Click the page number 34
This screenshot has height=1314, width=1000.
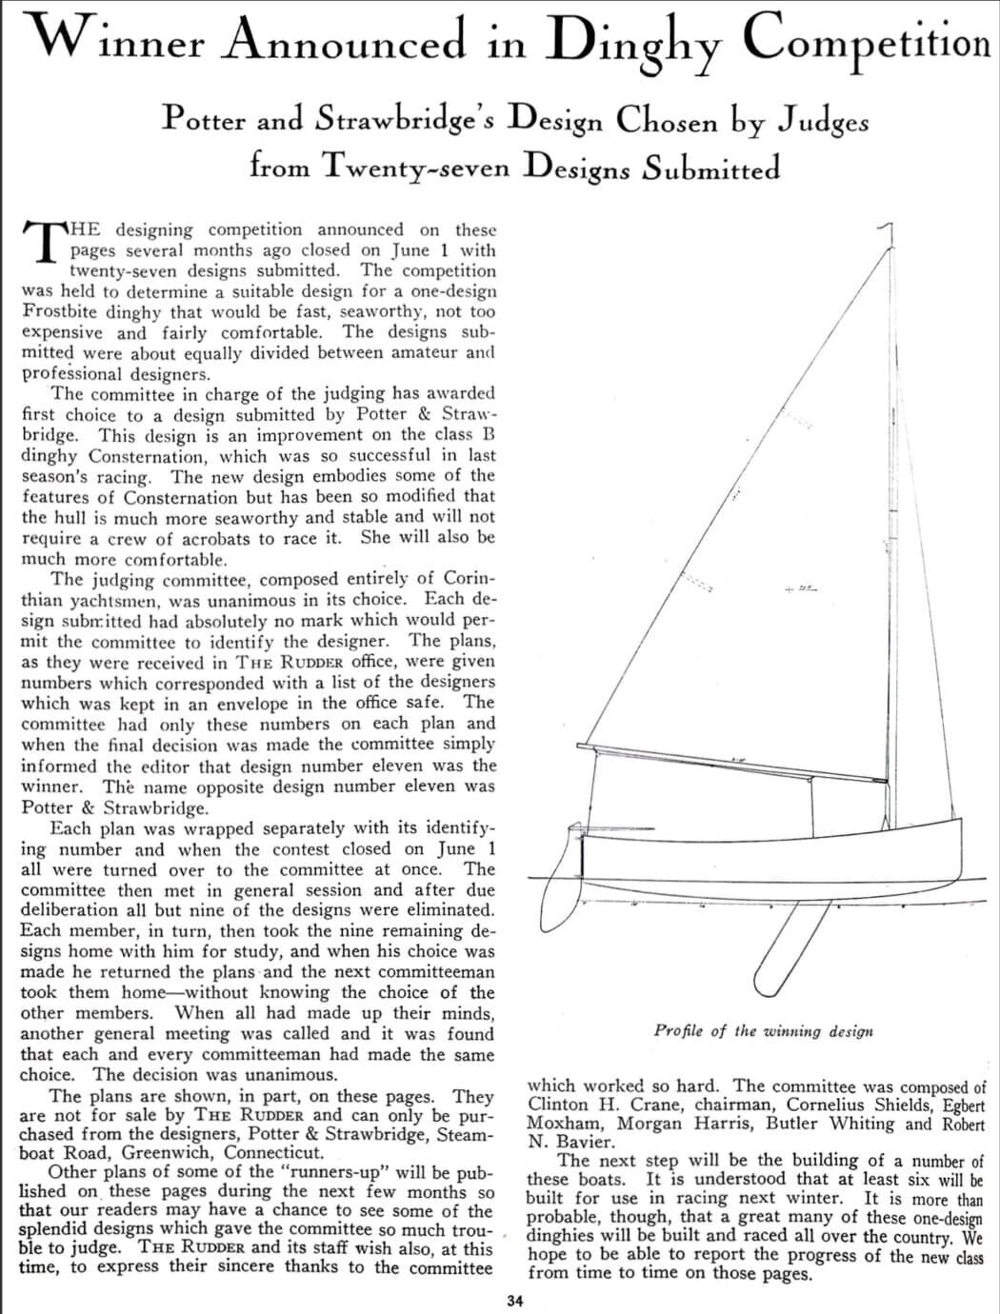tap(514, 1301)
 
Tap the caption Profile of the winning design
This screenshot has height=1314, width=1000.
tap(763, 1030)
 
